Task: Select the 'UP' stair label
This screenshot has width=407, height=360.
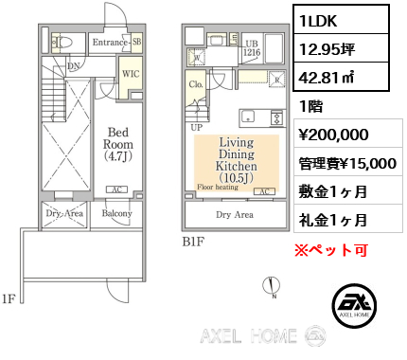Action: click(197, 126)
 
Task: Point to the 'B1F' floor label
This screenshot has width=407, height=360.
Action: click(194, 242)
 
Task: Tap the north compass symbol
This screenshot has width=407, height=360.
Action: click(273, 285)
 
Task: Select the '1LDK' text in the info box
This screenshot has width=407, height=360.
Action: click(321, 21)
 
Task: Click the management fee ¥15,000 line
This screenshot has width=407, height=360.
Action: click(345, 163)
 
